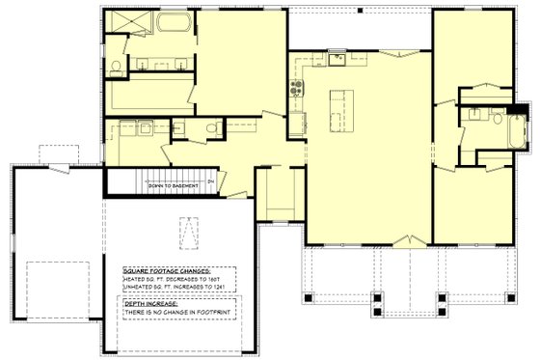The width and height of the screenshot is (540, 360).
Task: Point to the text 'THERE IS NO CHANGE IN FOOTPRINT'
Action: [178, 315]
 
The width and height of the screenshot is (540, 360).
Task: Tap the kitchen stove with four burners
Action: [296, 93]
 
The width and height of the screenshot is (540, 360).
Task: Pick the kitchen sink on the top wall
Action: [338, 60]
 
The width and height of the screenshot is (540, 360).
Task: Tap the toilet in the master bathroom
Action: [115, 66]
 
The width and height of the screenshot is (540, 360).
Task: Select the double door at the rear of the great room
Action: [402, 54]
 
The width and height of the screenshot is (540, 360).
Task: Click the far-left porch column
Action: [307, 296]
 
